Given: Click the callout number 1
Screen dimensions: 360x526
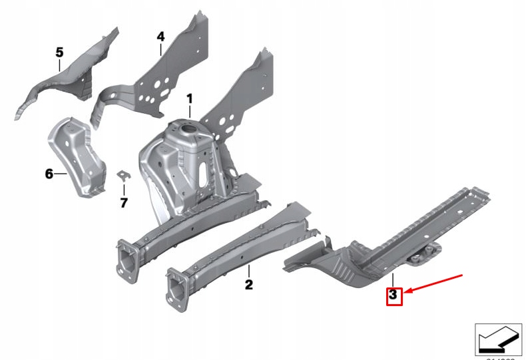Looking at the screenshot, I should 189,99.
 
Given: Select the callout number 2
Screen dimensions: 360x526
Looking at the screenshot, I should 248,285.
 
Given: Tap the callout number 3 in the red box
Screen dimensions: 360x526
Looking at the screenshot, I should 394,293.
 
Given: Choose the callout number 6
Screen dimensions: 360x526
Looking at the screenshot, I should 49,174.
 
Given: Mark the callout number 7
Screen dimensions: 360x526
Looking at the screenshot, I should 123,202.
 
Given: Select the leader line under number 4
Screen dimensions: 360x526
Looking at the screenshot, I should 160,50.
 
